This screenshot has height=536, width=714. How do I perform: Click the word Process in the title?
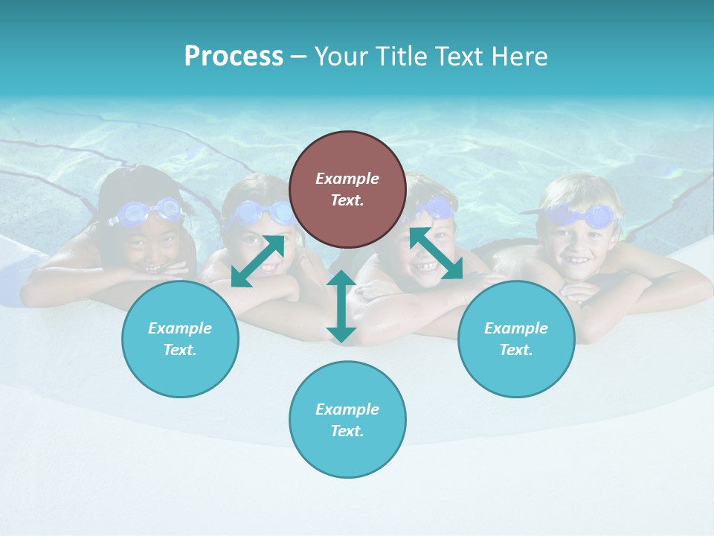click(x=234, y=57)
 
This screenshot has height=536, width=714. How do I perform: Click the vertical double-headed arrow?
click(x=341, y=306)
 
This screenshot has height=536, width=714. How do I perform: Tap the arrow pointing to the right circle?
click(x=437, y=253)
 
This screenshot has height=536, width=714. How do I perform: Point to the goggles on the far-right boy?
click(x=583, y=217)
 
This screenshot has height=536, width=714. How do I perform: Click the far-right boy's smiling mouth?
click(x=579, y=261)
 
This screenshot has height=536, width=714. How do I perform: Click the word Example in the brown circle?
click(x=347, y=179)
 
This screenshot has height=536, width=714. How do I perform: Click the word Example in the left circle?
click(x=180, y=328)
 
